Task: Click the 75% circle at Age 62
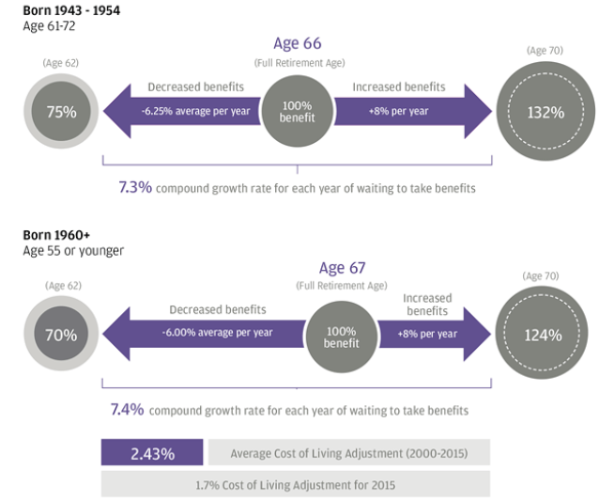[61, 111]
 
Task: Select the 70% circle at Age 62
[61, 334]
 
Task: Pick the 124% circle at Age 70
[543, 335]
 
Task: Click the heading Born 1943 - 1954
[71, 9]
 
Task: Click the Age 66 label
[298, 43]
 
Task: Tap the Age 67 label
[344, 269]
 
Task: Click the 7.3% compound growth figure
[134, 188]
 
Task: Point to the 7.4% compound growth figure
[127, 410]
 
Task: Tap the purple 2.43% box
[152, 453]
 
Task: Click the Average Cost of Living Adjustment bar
[348, 453]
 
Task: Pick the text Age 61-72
[50, 25]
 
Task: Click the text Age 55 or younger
[73, 251]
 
